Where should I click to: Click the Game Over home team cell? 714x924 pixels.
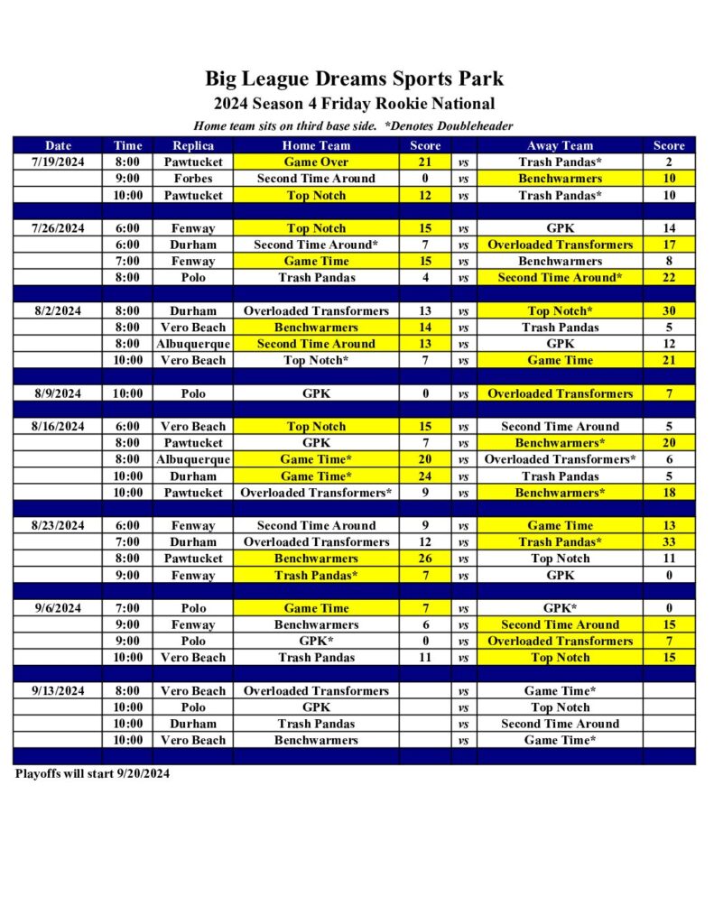pos(316,162)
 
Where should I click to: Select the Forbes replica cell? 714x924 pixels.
pos(193,179)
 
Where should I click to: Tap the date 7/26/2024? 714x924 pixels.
pos(58,228)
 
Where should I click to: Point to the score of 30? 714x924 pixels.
pos(669,310)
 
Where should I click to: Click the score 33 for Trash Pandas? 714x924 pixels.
pos(669,542)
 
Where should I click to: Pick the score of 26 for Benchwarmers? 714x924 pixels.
pos(425,559)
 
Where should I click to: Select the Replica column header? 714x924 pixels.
pos(193,145)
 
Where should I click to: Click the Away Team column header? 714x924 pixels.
pos(560,145)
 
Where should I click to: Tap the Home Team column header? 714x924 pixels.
pos(316,145)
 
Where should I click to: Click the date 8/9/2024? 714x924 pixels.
pos(58,393)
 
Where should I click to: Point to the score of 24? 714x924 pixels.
pos(425,476)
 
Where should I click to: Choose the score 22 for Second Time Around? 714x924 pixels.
pos(669,278)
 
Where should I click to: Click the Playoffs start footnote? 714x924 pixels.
pos(92,773)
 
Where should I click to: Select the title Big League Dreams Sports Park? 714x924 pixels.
pos(354,79)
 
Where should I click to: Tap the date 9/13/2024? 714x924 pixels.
pos(58,691)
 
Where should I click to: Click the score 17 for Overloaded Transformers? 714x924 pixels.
pos(669,245)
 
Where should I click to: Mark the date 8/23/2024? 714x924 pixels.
pos(58,526)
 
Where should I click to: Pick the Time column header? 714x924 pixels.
pos(127,145)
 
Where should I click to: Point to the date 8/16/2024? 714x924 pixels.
pos(58,427)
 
